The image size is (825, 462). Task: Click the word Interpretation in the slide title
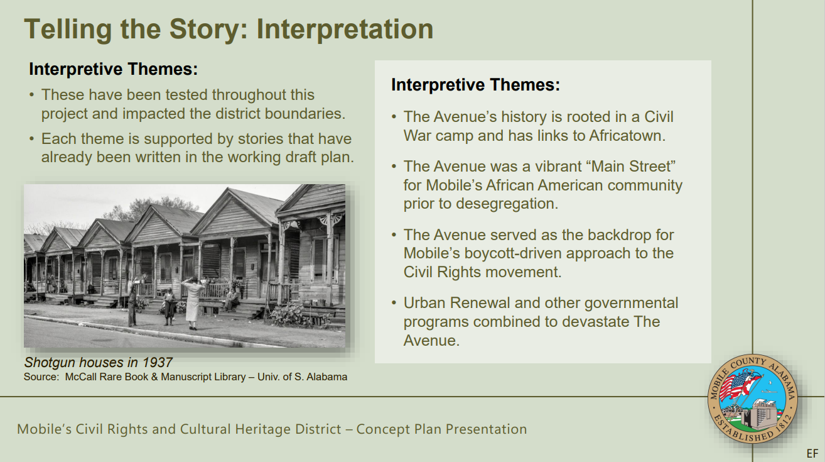coord(345,30)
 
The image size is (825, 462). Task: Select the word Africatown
coord(627,136)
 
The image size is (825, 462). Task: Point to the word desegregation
coord(507,204)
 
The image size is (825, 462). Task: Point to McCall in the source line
coord(78,377)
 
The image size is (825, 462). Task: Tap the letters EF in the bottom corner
coord(812,454)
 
